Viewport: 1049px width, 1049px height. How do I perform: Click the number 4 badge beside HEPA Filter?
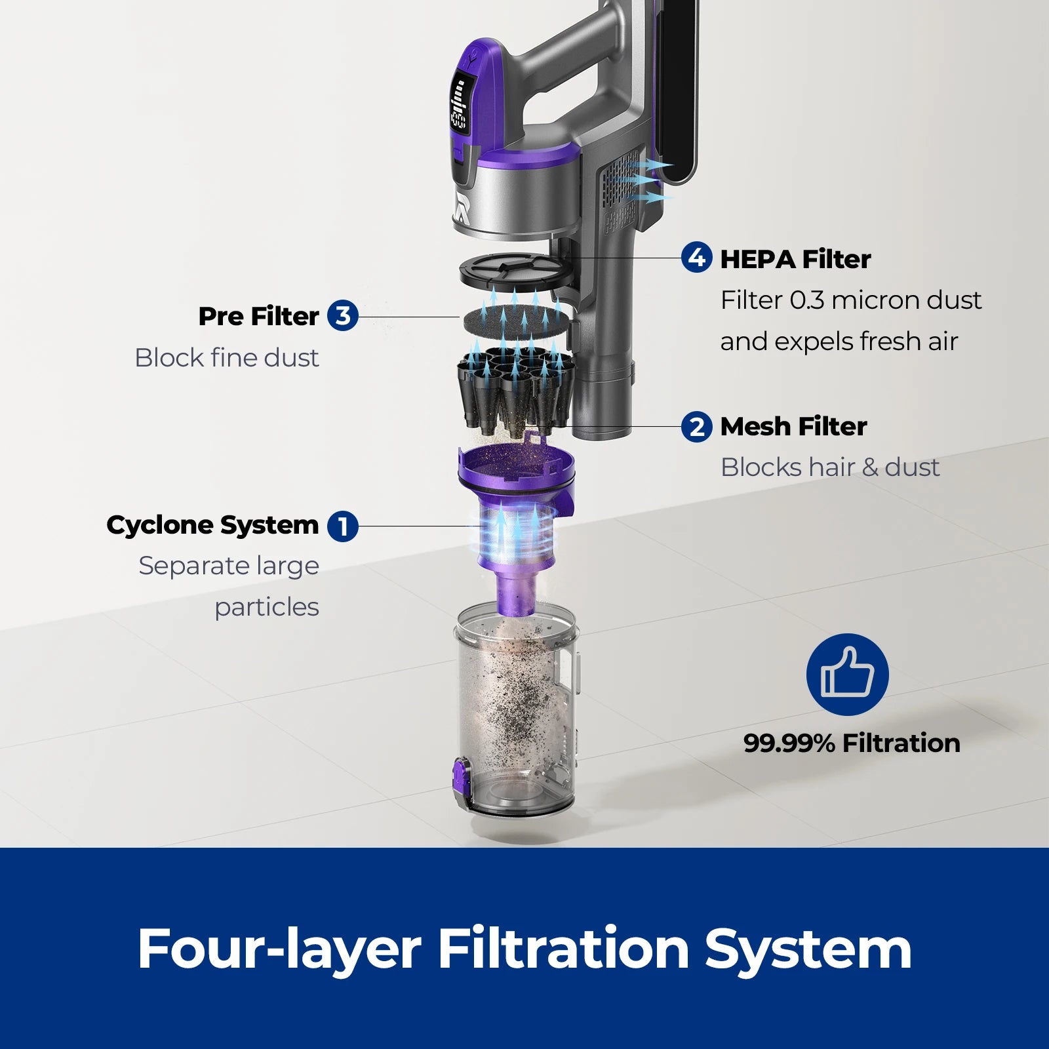(x=696, y=258)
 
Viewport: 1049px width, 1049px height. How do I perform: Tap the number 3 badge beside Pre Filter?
(x=342, y=315)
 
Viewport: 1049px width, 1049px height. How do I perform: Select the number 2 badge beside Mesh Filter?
(x=696, y=427)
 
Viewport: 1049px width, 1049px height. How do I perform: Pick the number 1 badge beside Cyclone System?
(x=342, y=526)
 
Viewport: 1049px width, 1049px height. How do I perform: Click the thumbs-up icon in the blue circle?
(x=847, y=674)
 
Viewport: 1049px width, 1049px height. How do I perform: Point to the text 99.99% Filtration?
(x=852, y=743)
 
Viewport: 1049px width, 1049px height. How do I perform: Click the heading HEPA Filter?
(x=795, y=260)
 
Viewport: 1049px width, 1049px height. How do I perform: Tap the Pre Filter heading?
(x=258, y=316)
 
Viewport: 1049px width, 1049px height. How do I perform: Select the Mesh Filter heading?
(x=793, y=427)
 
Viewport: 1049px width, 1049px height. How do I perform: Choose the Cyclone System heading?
(x=212, y=525)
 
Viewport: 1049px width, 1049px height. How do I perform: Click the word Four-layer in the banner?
(x=279, y=949)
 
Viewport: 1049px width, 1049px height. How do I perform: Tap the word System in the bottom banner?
(x=808, y=950)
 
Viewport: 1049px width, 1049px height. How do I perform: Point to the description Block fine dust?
(x=226, y=358)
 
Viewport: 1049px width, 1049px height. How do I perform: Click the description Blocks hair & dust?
(x=829, y=467)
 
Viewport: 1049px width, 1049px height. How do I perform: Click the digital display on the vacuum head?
(x=459, y=104)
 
